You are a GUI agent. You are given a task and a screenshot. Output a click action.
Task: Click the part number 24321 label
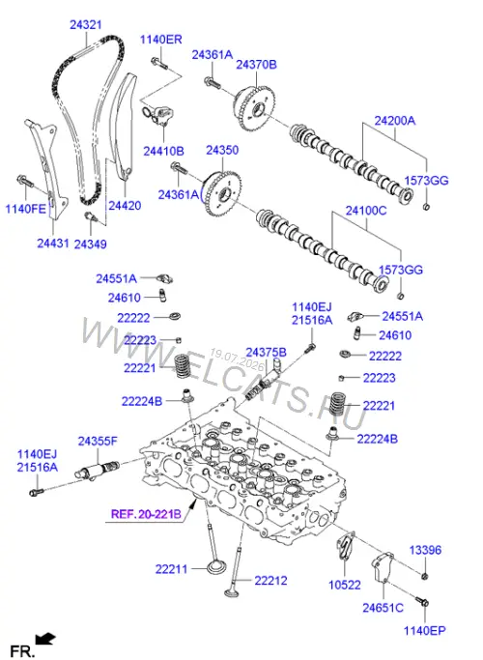point(85,25)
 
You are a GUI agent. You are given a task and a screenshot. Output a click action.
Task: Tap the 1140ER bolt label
point(160,40)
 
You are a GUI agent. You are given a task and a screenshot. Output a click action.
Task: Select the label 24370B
point(256,65)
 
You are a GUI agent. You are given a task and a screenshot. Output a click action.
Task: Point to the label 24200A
point(395,121)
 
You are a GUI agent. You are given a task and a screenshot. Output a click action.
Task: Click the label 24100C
point(366,211)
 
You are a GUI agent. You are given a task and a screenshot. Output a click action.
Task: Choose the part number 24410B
point(163,151)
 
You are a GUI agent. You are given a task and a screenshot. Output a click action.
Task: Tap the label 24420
point(125,206)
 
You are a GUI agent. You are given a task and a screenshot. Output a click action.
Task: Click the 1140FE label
point(25,209)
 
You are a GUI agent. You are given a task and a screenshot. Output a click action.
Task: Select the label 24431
point(52,243)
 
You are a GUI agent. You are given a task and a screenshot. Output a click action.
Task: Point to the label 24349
point(90,244)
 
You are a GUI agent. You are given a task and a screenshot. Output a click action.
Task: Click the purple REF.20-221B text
point(146,514)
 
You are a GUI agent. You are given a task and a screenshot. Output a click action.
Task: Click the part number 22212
point(270,581)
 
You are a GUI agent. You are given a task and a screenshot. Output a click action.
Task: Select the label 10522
point(344,585)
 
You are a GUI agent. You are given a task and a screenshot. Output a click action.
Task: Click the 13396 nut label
point(425,550)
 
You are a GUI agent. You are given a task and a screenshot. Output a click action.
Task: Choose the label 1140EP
point(424,630)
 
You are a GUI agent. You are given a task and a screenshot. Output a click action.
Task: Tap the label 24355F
point(98,441)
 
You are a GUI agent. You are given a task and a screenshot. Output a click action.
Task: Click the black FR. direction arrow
point(45,640)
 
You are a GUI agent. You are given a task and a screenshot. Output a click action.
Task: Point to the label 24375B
point(266,353)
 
